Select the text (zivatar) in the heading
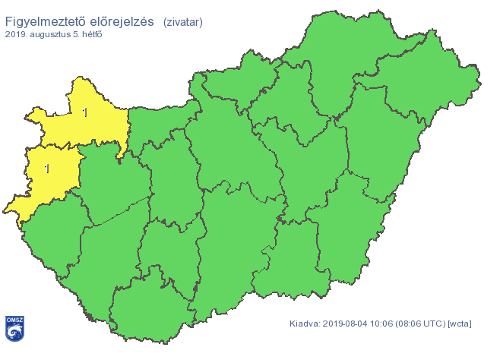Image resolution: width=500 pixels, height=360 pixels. click(182, 22)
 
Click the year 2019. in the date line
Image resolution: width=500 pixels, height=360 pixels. click(17, 35)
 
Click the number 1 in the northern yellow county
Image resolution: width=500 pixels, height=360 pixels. click(84, 113)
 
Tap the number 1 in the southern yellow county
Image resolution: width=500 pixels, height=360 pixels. click(47, 168)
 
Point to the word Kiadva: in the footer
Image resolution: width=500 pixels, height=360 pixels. click(305, 324)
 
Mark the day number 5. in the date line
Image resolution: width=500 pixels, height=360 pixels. click(79, 35)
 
